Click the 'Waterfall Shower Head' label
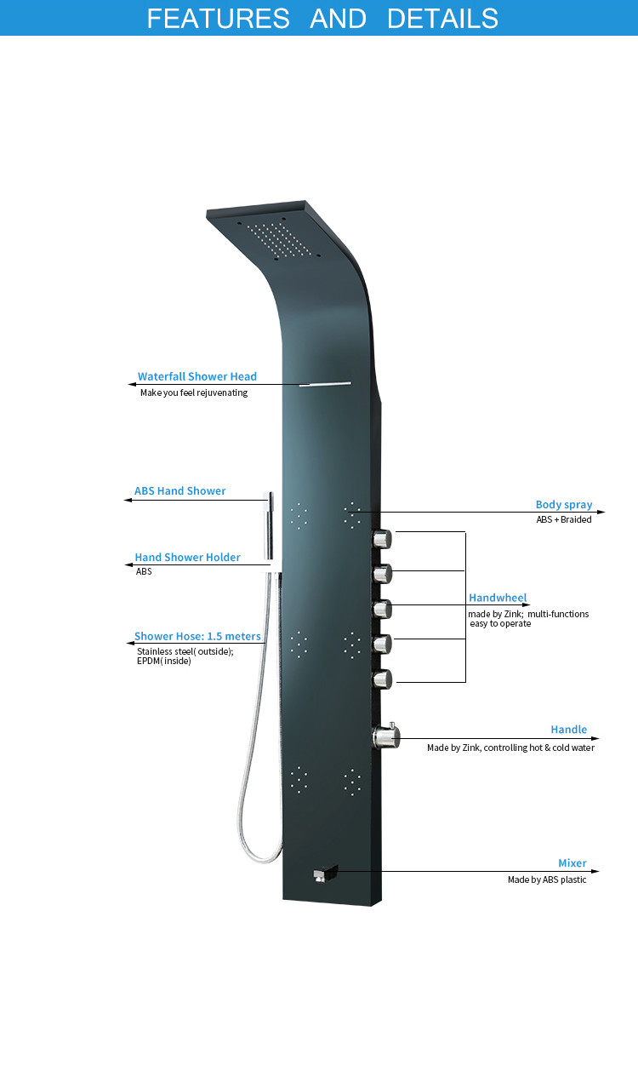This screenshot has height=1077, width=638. pos(197,376)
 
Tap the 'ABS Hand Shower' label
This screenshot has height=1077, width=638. pos(179,490)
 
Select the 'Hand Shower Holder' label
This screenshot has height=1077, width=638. pos(187,557)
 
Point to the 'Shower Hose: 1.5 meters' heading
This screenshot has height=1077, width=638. pos(197,636)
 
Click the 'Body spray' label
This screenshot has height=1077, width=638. pos(563,504)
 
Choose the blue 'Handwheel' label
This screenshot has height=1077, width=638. pos(498,597)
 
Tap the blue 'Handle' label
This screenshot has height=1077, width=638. pos(569,729)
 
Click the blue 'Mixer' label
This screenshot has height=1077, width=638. pos(572,862)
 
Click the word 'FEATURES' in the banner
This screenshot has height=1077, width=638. pos(218,18)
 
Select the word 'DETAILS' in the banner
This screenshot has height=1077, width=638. pos(442,18)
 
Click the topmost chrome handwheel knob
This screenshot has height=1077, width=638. pos(383,538)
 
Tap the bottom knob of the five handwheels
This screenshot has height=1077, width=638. pos(383,679)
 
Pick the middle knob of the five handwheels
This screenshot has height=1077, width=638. pos(383,610)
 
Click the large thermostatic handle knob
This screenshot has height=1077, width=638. pos(386,736)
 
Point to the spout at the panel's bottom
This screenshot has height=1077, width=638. pos(325,874)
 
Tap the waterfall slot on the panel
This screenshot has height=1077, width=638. pos(325,384)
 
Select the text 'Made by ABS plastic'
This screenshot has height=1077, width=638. pos(547,879)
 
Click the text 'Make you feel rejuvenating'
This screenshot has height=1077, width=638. pos(194,392)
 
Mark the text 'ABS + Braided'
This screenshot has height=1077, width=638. pos(563,519)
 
